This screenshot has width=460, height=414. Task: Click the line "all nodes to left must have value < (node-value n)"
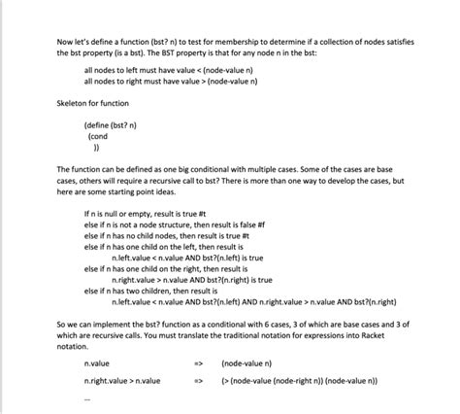(168, 71)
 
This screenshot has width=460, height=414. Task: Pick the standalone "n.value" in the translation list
(97, 362)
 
